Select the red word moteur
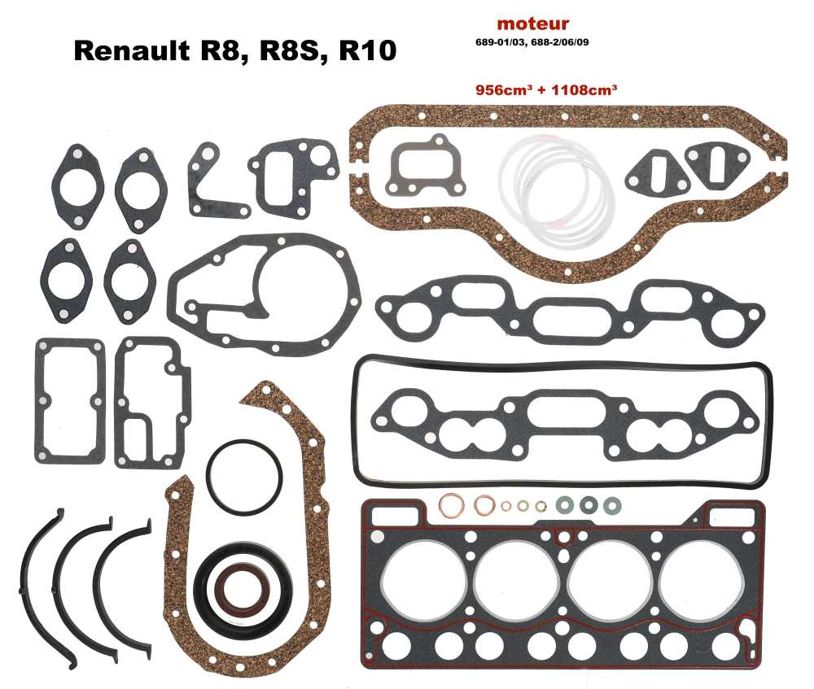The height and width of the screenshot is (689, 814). click(532, 24)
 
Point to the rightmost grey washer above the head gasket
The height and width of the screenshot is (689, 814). click(610, 505)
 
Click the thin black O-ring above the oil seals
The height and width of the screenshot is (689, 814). click(244, 477)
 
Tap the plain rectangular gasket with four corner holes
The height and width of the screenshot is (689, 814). click(70, 399)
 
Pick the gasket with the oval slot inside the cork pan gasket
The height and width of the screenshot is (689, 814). click(716, 166)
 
